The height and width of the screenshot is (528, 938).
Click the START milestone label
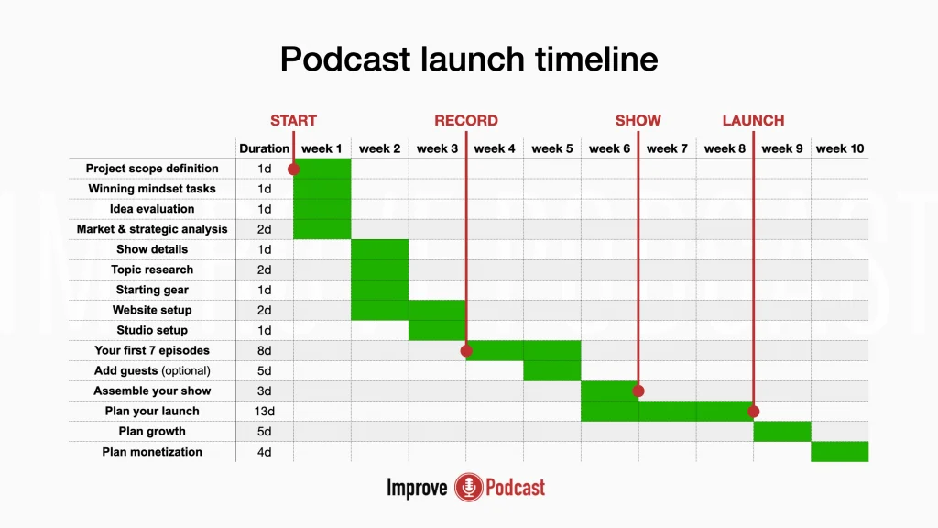(293, 120)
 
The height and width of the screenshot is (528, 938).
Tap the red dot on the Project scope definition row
(294, 170)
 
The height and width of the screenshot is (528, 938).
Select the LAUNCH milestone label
(753, 120)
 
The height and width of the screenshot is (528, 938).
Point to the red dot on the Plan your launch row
(754, 412)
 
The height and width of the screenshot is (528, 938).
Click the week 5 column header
(552, 148)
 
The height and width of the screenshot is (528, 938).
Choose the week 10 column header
(840, 148)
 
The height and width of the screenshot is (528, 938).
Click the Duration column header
(265, 148)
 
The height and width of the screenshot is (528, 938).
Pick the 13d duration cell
(265, 412)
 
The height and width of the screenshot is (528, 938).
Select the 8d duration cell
(265, 351)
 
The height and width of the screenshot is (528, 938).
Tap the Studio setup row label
(152, 330)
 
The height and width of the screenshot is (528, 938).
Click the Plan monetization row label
(152, 452)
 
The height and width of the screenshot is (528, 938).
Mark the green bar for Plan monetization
(840, 452)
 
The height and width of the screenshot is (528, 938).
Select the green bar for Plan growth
(782, 432)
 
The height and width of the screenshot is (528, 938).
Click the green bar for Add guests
(552, 370)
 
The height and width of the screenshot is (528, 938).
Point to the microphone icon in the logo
(468, 488)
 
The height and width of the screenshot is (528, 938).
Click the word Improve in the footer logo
(417, 488)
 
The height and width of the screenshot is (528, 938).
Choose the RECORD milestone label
(466, 120)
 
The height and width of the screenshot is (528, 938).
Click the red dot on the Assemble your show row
(638, 390)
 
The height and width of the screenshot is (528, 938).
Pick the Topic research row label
(152, 270)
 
